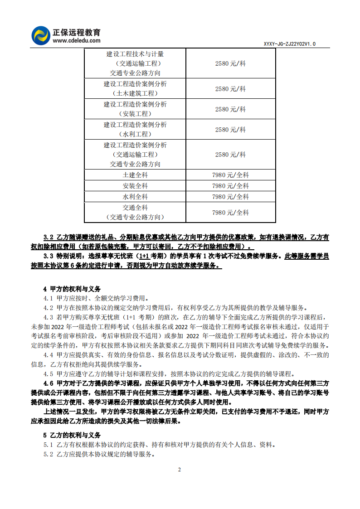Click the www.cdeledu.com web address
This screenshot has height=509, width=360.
click(x=76, y=41)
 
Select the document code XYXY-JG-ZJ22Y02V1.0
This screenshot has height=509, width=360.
click(x=289, y=44)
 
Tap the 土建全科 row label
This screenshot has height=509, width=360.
click(x=135, y=175)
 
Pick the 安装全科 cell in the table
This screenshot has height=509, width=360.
click(x=135, y=186)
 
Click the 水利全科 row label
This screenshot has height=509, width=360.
click(x=135, y=197)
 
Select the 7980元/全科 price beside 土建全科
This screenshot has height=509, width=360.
click(x=230, y=175)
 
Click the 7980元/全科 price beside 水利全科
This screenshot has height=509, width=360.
click(x=230, y=197)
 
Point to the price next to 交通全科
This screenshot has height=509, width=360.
click(x=230, y=212)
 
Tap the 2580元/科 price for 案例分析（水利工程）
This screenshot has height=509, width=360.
click(x=230, y=129)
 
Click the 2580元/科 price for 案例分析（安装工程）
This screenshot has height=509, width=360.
click(x=230, y=109)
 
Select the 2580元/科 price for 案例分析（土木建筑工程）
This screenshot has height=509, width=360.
click(x=230, y=89)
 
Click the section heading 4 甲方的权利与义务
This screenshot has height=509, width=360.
click(x=72, y=289)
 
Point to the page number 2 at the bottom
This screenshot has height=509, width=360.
click(x=180, y=470)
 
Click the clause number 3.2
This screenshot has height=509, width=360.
click(x=49, y=237)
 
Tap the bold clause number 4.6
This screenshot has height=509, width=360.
click(x=49, y=383)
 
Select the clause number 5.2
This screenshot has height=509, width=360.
click(x=49, y=454)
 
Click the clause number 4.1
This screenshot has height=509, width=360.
click(x=49, y=298)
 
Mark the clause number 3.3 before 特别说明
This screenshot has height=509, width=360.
click(x=49, y=256)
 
